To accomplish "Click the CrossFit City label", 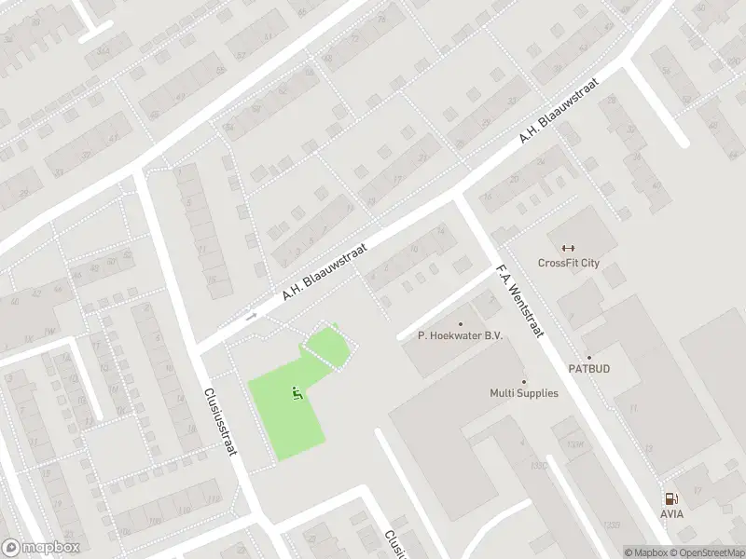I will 569,263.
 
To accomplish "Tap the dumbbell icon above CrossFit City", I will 569,248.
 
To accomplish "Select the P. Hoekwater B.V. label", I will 460,336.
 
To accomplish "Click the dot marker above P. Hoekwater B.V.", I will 460,323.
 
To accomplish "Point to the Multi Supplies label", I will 524,393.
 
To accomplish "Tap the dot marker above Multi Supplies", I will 524,380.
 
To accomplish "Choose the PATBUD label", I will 589,369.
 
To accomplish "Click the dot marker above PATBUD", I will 588,357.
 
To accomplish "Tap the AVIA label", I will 671,513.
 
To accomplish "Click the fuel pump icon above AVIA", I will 670,498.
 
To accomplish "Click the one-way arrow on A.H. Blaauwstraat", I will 251,317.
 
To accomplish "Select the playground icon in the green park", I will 297,395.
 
